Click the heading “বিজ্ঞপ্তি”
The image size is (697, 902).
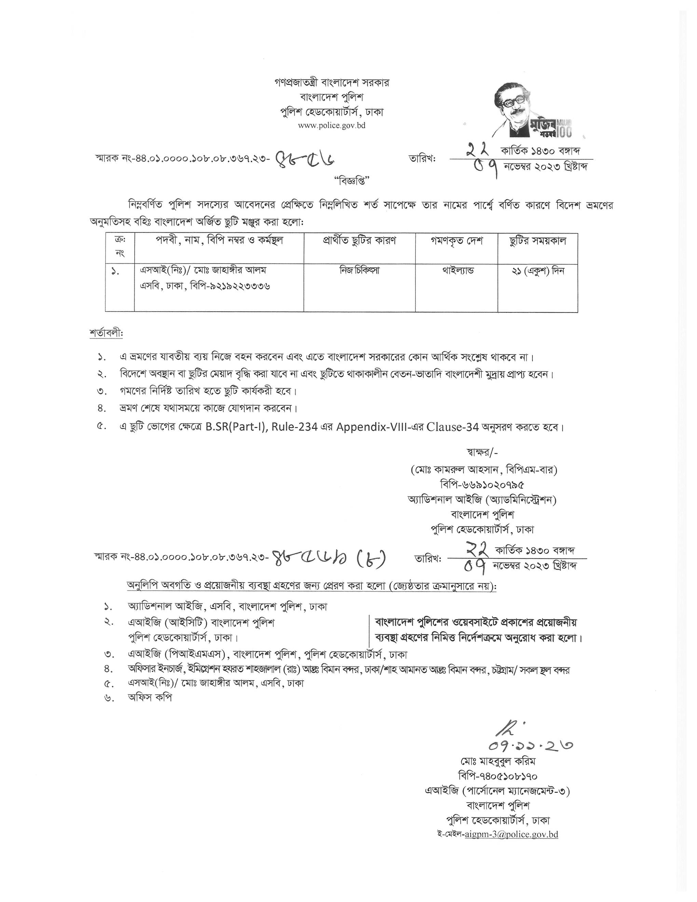tap(348, 180)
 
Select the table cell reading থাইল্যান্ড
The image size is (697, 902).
tap(458, 271)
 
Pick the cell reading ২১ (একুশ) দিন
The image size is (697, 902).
tap(538, 271)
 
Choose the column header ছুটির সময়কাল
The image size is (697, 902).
tap(538, 241)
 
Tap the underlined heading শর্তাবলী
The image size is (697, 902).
tap(106, 333)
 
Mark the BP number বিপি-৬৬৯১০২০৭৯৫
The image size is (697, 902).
tap(482, 484)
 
